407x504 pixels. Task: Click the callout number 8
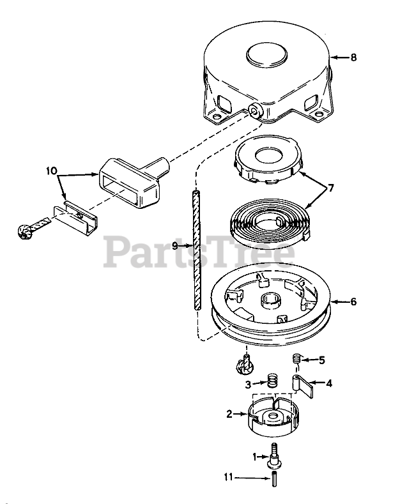tap(353, 57)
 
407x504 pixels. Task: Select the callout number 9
tap(175, 245)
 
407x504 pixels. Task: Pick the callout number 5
tap(322, 360)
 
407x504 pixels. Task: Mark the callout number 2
tap(229, 414)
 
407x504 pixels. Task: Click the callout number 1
tap(254, 456)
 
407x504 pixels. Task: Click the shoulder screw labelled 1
tap(275, 455)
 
